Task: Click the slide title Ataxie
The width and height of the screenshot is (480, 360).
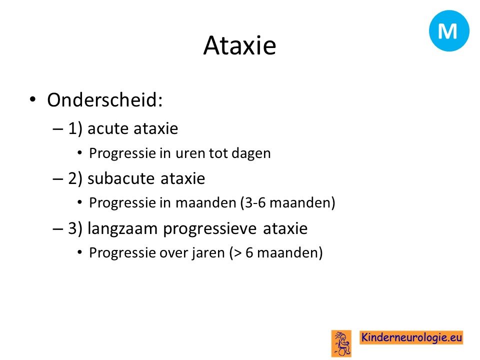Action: coord(239,45)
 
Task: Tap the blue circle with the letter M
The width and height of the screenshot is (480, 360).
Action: coord(449,30)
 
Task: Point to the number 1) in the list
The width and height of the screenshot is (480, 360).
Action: coord(75,128)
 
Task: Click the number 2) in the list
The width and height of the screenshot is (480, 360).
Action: coord(75,178)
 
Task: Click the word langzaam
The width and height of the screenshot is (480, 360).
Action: coord(122,229)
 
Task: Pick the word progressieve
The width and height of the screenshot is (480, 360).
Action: coord(209,229)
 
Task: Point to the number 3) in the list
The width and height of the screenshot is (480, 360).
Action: coord(75,228)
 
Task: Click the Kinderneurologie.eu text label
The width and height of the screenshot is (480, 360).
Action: coord(411,337)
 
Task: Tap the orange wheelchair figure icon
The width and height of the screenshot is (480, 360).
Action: coord(341,343)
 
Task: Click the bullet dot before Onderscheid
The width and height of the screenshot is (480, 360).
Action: coord(32,99)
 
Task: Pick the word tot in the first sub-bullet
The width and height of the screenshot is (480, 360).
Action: coord(218,153)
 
